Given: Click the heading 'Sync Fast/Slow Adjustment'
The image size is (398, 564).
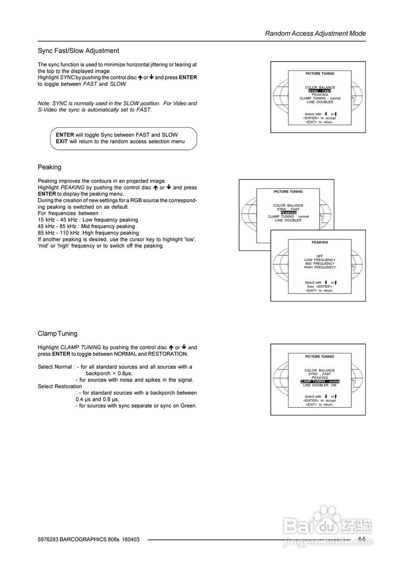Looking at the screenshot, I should click(x=78, y=51).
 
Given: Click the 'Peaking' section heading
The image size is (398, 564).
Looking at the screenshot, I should click(x=49, y=167).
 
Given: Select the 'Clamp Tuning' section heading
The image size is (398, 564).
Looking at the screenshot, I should click(x=57, y=334).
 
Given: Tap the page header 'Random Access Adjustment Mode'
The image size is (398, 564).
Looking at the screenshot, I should click(x=315, y=33).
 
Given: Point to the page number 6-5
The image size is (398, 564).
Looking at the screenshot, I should click(x=362, y=539).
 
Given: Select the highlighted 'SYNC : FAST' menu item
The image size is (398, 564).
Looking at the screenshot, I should click(x=320, y=91).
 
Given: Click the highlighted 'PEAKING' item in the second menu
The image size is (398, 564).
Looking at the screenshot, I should click(x=288, y=213).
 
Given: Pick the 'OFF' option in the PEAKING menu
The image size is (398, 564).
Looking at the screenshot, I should click(x=320, y=256).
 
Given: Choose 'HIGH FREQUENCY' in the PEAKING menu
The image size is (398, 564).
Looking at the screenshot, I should click(x=320, y=267).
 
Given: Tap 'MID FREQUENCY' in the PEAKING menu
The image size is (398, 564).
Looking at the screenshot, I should click(x=320, y=263).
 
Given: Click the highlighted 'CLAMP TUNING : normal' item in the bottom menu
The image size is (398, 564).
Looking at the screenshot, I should click(x=320, y=382).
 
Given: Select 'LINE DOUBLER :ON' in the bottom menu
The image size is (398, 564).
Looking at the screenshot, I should click(x=320, y=385).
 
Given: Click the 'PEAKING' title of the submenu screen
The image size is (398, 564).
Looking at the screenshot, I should click(x=320, y=242).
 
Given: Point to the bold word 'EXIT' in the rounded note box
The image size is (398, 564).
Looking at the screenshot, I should click(x=62, y=141).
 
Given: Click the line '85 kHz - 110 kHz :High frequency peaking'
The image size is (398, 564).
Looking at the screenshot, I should click(x=88, y=233).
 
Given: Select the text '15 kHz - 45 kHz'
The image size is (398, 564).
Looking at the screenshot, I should click(x=57, y=220).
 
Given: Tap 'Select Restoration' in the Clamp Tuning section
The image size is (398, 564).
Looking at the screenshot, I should click(x=60, y=386).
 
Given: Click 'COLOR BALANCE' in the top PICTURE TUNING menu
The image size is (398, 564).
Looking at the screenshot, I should click(x=320, y=88).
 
